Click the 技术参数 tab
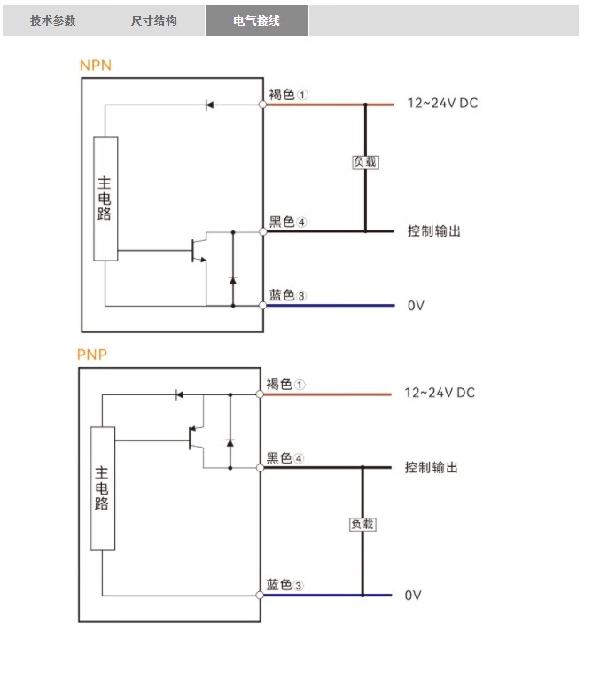pyautogui.click(x=53, y=20)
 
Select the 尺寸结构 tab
pyautogui.click(x=154, y=20)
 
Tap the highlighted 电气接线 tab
pyautogui.click(x=257, y=20)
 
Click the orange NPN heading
pyautogui.click(x=96, y=66)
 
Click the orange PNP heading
pyautogui.click(x=92, y=355)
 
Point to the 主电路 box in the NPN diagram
pyautogui.click(x=105, y=199)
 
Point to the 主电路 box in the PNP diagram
pyautogui.click(x=103, y=488)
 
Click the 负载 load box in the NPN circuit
pyautogui.click(x=365, y=162)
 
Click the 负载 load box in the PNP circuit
pyautogui.click(x=362, y=524)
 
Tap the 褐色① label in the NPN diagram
pyautogui.click(x=289, y=94)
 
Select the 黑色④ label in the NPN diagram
pyautogui.click(x=289, y=222)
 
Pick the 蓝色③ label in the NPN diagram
pyautogui.click(x=289, y=295)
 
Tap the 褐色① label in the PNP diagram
pyautogui.click(x=286, y=384)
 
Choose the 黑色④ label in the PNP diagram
pyautogui.click(x=286, y=458)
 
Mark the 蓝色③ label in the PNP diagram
pyautogui.click(x=286, y=585)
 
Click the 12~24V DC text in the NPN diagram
pyautogui.click(x=442, y=104)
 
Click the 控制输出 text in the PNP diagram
pyautogui.click(x=432, y=467)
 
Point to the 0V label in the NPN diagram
pyautogui.click(x=417, y=306)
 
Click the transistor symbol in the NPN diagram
pyautogui.click(x=199, y=250)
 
